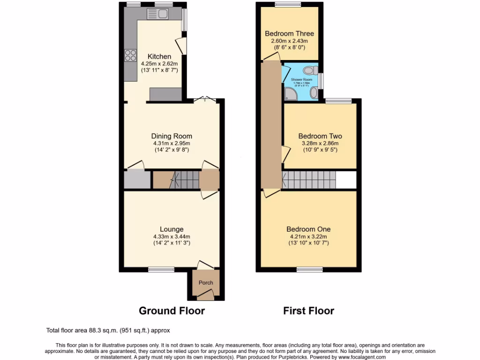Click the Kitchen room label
159,57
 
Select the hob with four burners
130,56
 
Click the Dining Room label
172,136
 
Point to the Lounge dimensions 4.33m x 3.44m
172,236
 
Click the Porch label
206,283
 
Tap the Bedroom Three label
289,34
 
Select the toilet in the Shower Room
308,71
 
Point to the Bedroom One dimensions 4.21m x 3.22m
308,236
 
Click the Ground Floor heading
172,310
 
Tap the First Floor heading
308,310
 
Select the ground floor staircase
180,180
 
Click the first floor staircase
309,180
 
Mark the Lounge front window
161,270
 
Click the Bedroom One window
309,270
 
